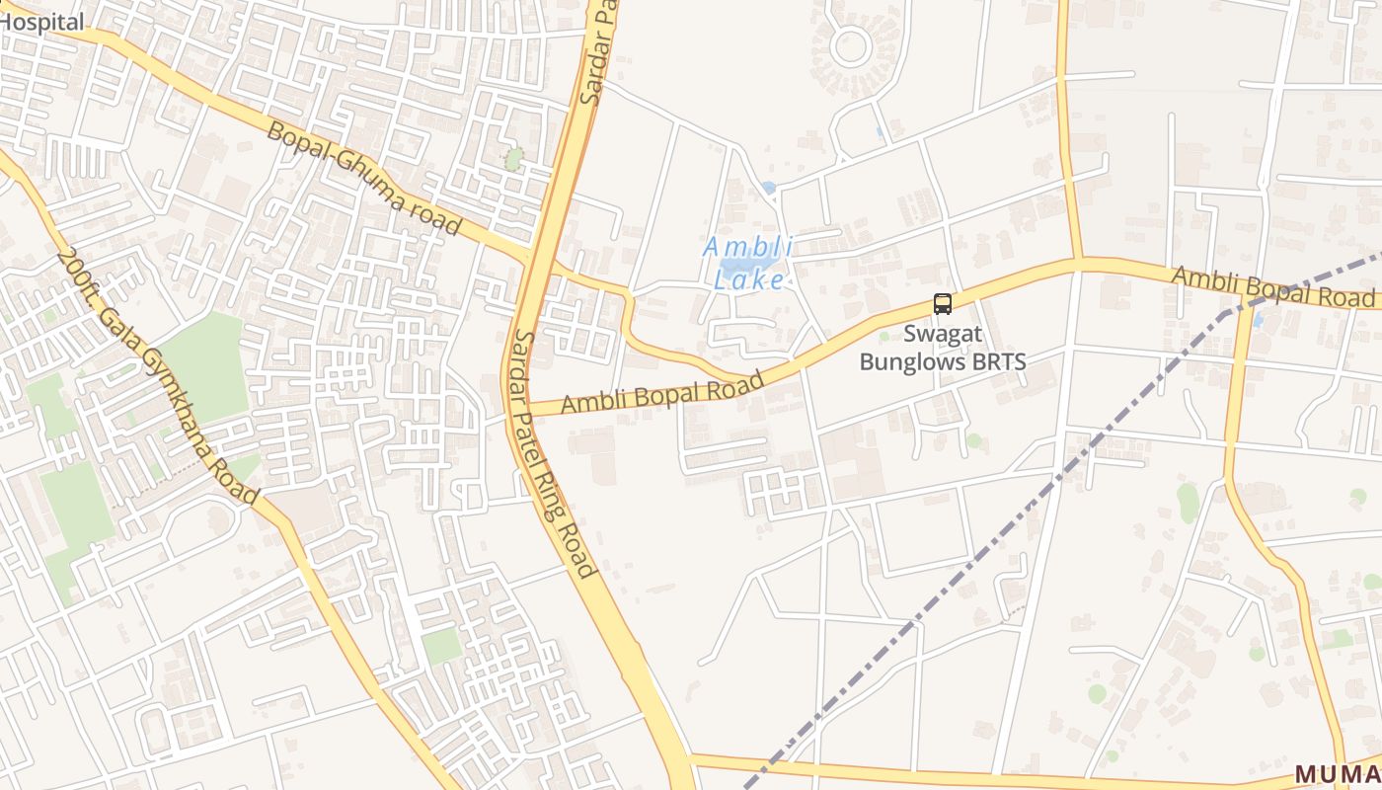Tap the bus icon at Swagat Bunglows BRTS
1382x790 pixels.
tap(943, 304)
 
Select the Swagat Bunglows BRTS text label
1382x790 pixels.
tap(943, 348)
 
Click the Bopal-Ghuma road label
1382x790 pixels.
tap(365, 179)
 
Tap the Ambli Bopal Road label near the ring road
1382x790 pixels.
tap(663, 393)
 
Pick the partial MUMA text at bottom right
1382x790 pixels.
tap(1337, 774)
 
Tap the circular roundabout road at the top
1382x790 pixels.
tap(850, 44)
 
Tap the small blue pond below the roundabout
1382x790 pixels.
tap(769, 187)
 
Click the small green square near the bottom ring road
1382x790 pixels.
tap(441, 646)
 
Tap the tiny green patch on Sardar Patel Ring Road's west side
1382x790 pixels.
tap(513, 158)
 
